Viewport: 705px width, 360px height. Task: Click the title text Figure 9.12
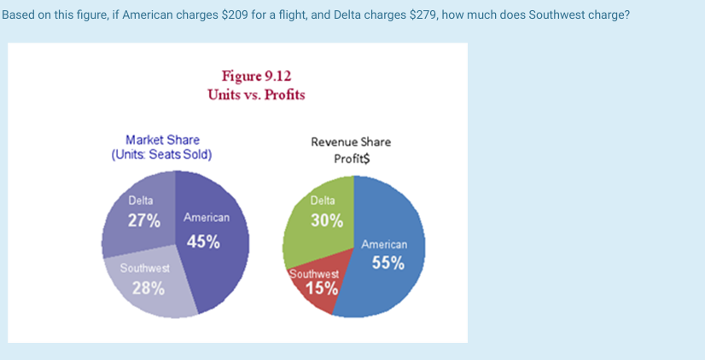[256, 76]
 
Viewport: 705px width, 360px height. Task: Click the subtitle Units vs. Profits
[256, 94]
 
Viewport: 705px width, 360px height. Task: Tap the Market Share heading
[162, 140]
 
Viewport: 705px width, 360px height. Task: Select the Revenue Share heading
[351, 142]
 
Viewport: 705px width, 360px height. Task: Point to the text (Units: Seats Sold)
[161, 154]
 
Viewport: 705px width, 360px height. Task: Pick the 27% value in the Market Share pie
[143, 220]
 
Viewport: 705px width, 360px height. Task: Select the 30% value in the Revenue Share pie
[326, 221]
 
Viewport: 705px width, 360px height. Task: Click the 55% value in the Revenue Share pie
[387, 263]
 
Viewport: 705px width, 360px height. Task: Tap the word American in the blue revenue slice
[384, 244]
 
